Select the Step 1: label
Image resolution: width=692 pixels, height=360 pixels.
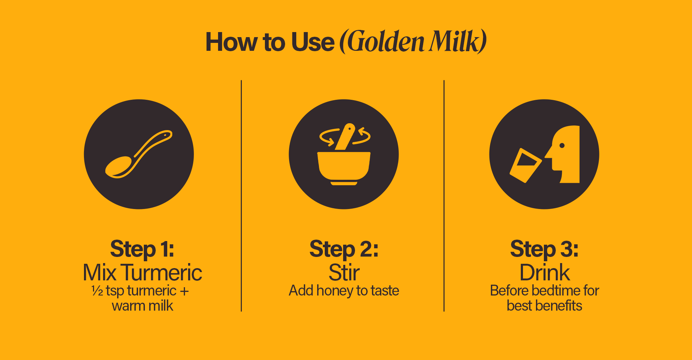pyautogui.click(x=142, y=249)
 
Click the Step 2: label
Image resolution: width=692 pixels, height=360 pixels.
pyautogui.click(x=344, y=249)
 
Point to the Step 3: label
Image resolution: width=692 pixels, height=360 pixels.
pyautogui.click(x=544, y=249)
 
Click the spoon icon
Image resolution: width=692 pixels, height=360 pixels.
pyautogui.click(x=139, y=154)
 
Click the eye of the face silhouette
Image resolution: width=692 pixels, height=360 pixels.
pyautogui.click(x=562, y=146)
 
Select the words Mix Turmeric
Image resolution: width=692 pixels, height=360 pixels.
pyautogui.click(x=142, y=272)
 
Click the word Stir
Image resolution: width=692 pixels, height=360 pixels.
pyautogui.click(x=344, y=272)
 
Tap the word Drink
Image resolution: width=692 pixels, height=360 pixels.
pyautogui.click(x=545, y=272)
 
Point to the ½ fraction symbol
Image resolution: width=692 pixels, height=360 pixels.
pyautogui.click(x=97, y=290)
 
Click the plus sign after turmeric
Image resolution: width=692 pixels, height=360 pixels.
pyautogui.click(x=184, y=291)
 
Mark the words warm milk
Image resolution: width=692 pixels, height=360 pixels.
pyautogui.click(x=142, y=306)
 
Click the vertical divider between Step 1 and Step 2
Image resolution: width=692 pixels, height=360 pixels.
pyautogui.click(x=241, y=196)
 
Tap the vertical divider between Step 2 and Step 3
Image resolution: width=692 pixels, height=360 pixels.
pyautogui.click(x=444, y=196)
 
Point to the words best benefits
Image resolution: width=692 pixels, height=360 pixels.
pyautogui.click(x=544, y=306)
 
